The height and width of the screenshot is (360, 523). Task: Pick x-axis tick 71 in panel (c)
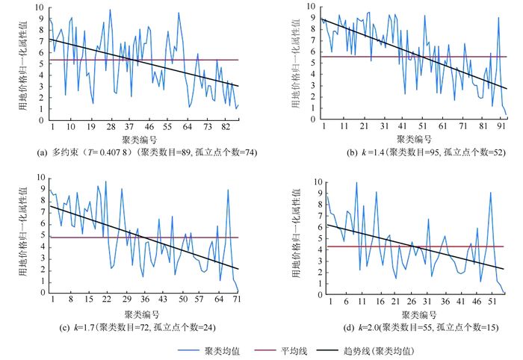coord(237,300)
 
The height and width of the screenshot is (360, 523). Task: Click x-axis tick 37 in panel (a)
coord(129,126)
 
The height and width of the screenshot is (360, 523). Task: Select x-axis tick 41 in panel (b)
coord(402,126)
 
